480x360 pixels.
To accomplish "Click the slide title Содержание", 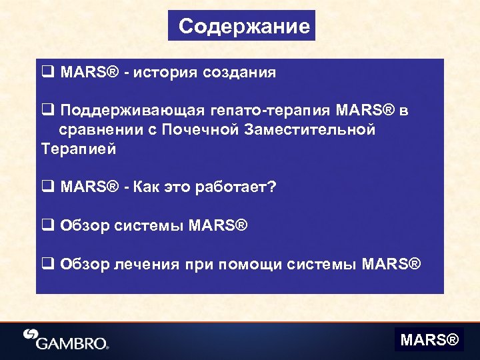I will pyautogui.click(x=243, y=27).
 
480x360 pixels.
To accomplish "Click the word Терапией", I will pyautogui.click(x=79, y=149).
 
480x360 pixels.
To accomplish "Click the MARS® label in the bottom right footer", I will pyautogui.click(x=429, y=341).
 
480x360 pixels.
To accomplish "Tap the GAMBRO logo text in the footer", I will pyautogui.click(x=72, y=344).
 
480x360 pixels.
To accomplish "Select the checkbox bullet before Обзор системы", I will pyautogui.click(x=47, y=226).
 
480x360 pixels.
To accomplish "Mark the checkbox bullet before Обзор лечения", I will pyautogui.click(x=47, y=265).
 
